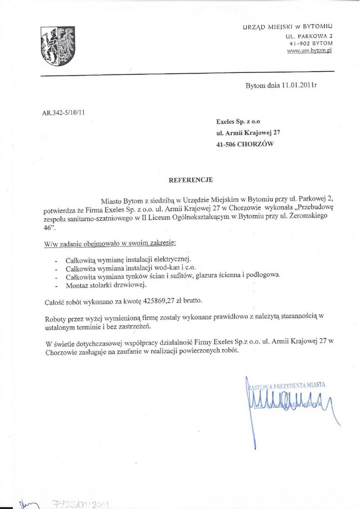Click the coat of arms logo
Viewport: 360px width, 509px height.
click(58, 46)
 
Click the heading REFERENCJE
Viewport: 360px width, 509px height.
click(190, 180)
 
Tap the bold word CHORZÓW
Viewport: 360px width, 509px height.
click(255, 144)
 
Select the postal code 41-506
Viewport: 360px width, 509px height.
click(226, 144)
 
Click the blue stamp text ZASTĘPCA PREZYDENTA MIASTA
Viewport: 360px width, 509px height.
click(286, 385)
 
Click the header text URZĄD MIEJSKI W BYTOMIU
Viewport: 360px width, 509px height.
click(288, 27)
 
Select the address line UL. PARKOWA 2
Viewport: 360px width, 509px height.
click(309, 36)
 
